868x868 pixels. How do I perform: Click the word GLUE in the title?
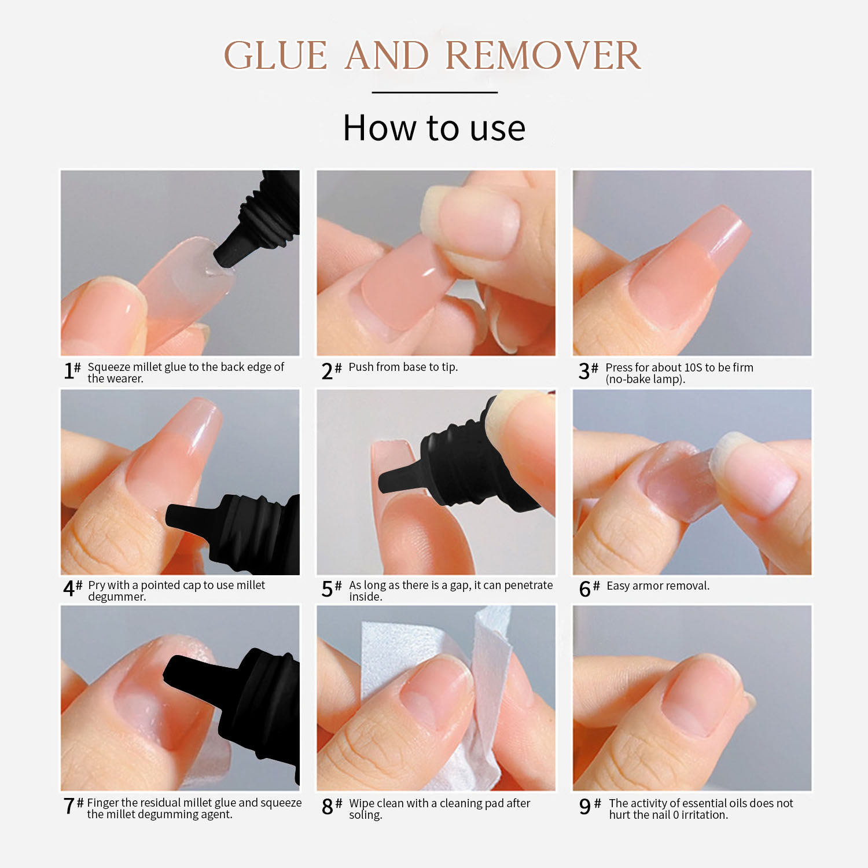click(x=275, y=56)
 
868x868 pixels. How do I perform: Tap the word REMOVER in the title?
click(x=543, y=56)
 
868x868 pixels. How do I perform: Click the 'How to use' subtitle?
click(x=434, y=128)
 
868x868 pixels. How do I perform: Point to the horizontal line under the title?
click(x=435, y=92)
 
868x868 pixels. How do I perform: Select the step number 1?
click(x=69, y=370)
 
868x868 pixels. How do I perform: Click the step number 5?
click(x=328, y=589)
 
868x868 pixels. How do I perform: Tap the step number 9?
click(x=585, y=807)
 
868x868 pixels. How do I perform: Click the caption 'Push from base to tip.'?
click(x=403, y=367)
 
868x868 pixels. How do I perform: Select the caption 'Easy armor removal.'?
click(x=658, y=586)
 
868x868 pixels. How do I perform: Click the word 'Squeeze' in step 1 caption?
click(x=109, y=367)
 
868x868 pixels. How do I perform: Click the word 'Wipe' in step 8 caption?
click(x=362, y=803)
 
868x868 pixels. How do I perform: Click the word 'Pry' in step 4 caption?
click(x=97, y=586)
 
